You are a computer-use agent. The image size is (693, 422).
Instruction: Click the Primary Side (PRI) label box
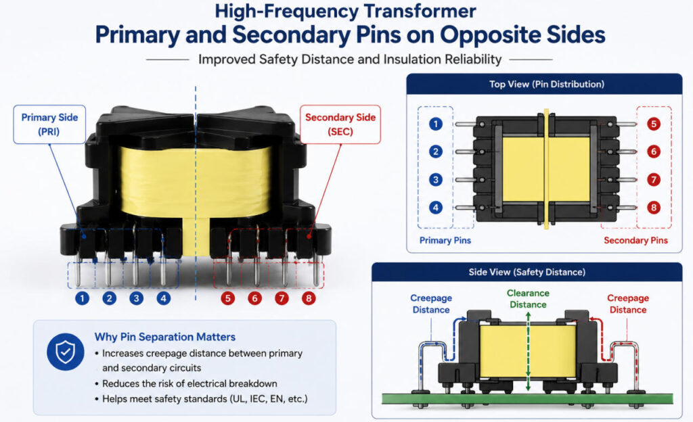click(49, 124)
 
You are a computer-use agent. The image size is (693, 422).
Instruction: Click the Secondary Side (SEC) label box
click(340, 124)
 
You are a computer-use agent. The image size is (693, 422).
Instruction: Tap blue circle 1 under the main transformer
click(82, 298)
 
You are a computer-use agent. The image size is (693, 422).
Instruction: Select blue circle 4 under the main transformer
click(164, 298)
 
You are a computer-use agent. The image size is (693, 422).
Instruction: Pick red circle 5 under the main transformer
click(227, 298)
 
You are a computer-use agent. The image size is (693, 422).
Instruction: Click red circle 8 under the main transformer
click(309, 298)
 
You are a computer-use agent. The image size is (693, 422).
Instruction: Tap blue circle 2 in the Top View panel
click(436, 152)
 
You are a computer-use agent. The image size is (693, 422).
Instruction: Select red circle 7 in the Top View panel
click(654, 180)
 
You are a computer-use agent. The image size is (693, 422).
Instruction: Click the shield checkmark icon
click(66, 352)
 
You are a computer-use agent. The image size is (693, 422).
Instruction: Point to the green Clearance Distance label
click(528, 299)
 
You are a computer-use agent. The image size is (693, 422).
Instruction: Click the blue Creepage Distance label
click(431, 304)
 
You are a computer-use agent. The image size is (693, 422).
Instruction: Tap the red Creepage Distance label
click(628, 304)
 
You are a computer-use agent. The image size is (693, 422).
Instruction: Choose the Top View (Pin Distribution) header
click(547, 85)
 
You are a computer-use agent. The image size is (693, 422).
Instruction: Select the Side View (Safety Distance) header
click(527, 272)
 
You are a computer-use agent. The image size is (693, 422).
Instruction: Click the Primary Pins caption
click(445, 241)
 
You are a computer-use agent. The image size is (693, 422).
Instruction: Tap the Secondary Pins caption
click(635, 241)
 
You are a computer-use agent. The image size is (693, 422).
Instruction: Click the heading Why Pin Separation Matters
click(165, 337)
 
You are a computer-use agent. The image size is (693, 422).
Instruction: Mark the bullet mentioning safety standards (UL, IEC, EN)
click(202, 399)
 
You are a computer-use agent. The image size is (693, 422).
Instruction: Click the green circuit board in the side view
click(527, 398)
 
